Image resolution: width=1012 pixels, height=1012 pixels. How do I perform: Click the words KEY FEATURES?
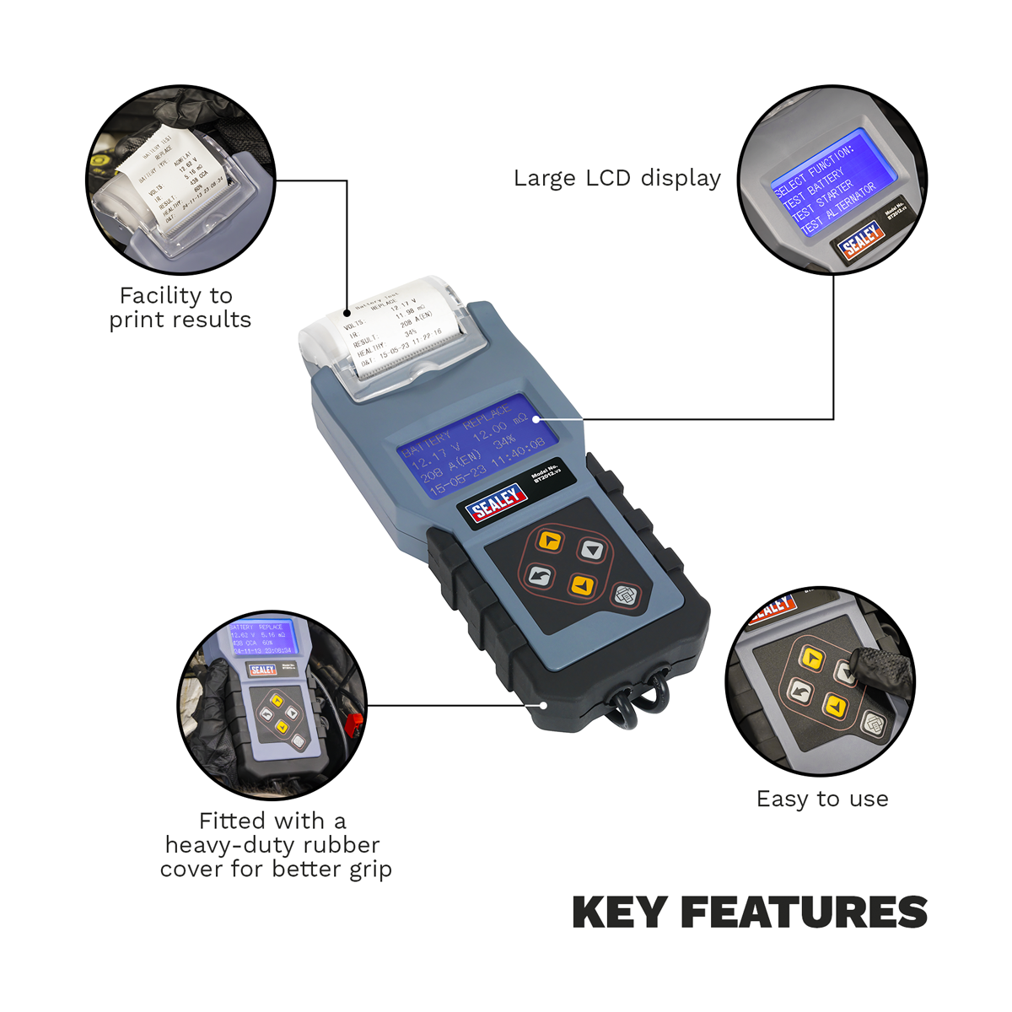click(x=750, y=913)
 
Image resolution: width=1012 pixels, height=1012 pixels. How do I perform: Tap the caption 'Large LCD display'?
click(x=617, y=179)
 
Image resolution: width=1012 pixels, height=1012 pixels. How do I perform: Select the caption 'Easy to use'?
click(x=822, y=799)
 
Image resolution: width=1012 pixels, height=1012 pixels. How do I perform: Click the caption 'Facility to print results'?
click(x=180, y=308)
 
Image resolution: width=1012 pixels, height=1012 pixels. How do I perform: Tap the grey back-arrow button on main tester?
click(x=540, y=575)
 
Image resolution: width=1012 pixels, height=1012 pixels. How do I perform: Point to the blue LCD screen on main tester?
click(x=476, y=445)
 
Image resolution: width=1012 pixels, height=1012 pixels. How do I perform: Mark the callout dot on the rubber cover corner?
click(x=545, y=705)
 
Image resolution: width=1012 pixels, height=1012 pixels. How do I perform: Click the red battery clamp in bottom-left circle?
click(x=354, y=722)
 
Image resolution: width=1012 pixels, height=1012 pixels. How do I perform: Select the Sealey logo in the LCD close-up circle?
click(x=861, y=240)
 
